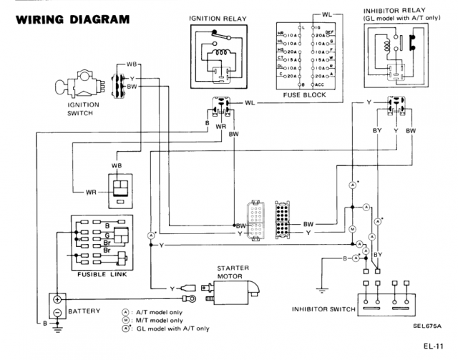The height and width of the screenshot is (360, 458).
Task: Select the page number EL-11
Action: click(x=434, y=346)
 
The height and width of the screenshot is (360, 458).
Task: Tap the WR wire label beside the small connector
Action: click(x=92, y=193)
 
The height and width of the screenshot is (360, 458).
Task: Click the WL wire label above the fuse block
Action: click(x=327, y=14)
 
